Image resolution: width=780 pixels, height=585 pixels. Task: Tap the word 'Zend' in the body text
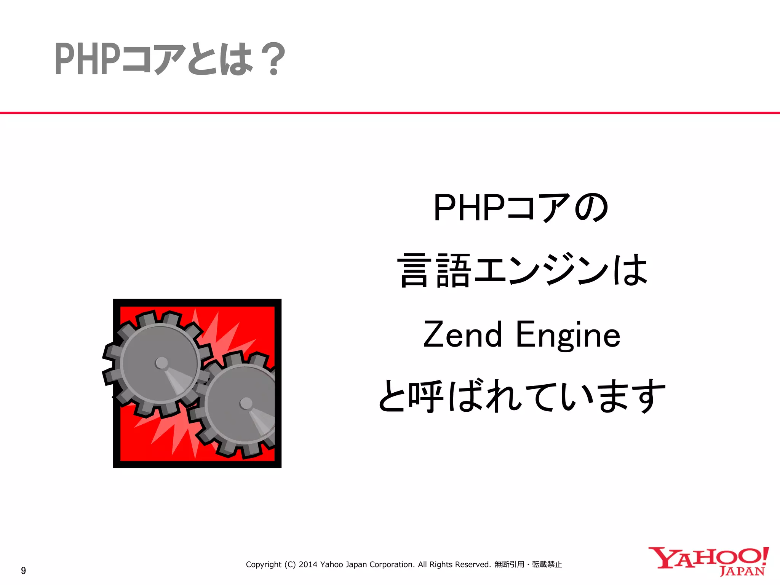(x=462, y=335)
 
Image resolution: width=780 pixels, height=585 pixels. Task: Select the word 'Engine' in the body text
(x=568, y=335)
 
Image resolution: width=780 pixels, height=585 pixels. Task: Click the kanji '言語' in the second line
(x=434, y=270)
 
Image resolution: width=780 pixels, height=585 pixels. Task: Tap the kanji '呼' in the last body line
(x=426, y=396)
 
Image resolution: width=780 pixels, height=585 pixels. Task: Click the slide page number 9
(x=24, y=571)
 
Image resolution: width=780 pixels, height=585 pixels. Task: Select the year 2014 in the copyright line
(x=308, y=564)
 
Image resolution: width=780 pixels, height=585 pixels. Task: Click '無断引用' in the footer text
(x=509, y=564)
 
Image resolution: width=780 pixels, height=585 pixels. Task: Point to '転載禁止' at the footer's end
(x=547, y=564)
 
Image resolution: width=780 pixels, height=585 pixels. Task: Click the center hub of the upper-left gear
(x=161, y=363)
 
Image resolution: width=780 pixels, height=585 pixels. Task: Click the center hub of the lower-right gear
(x=246, y=403)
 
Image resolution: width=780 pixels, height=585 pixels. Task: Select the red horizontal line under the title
(x=390, y=113)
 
